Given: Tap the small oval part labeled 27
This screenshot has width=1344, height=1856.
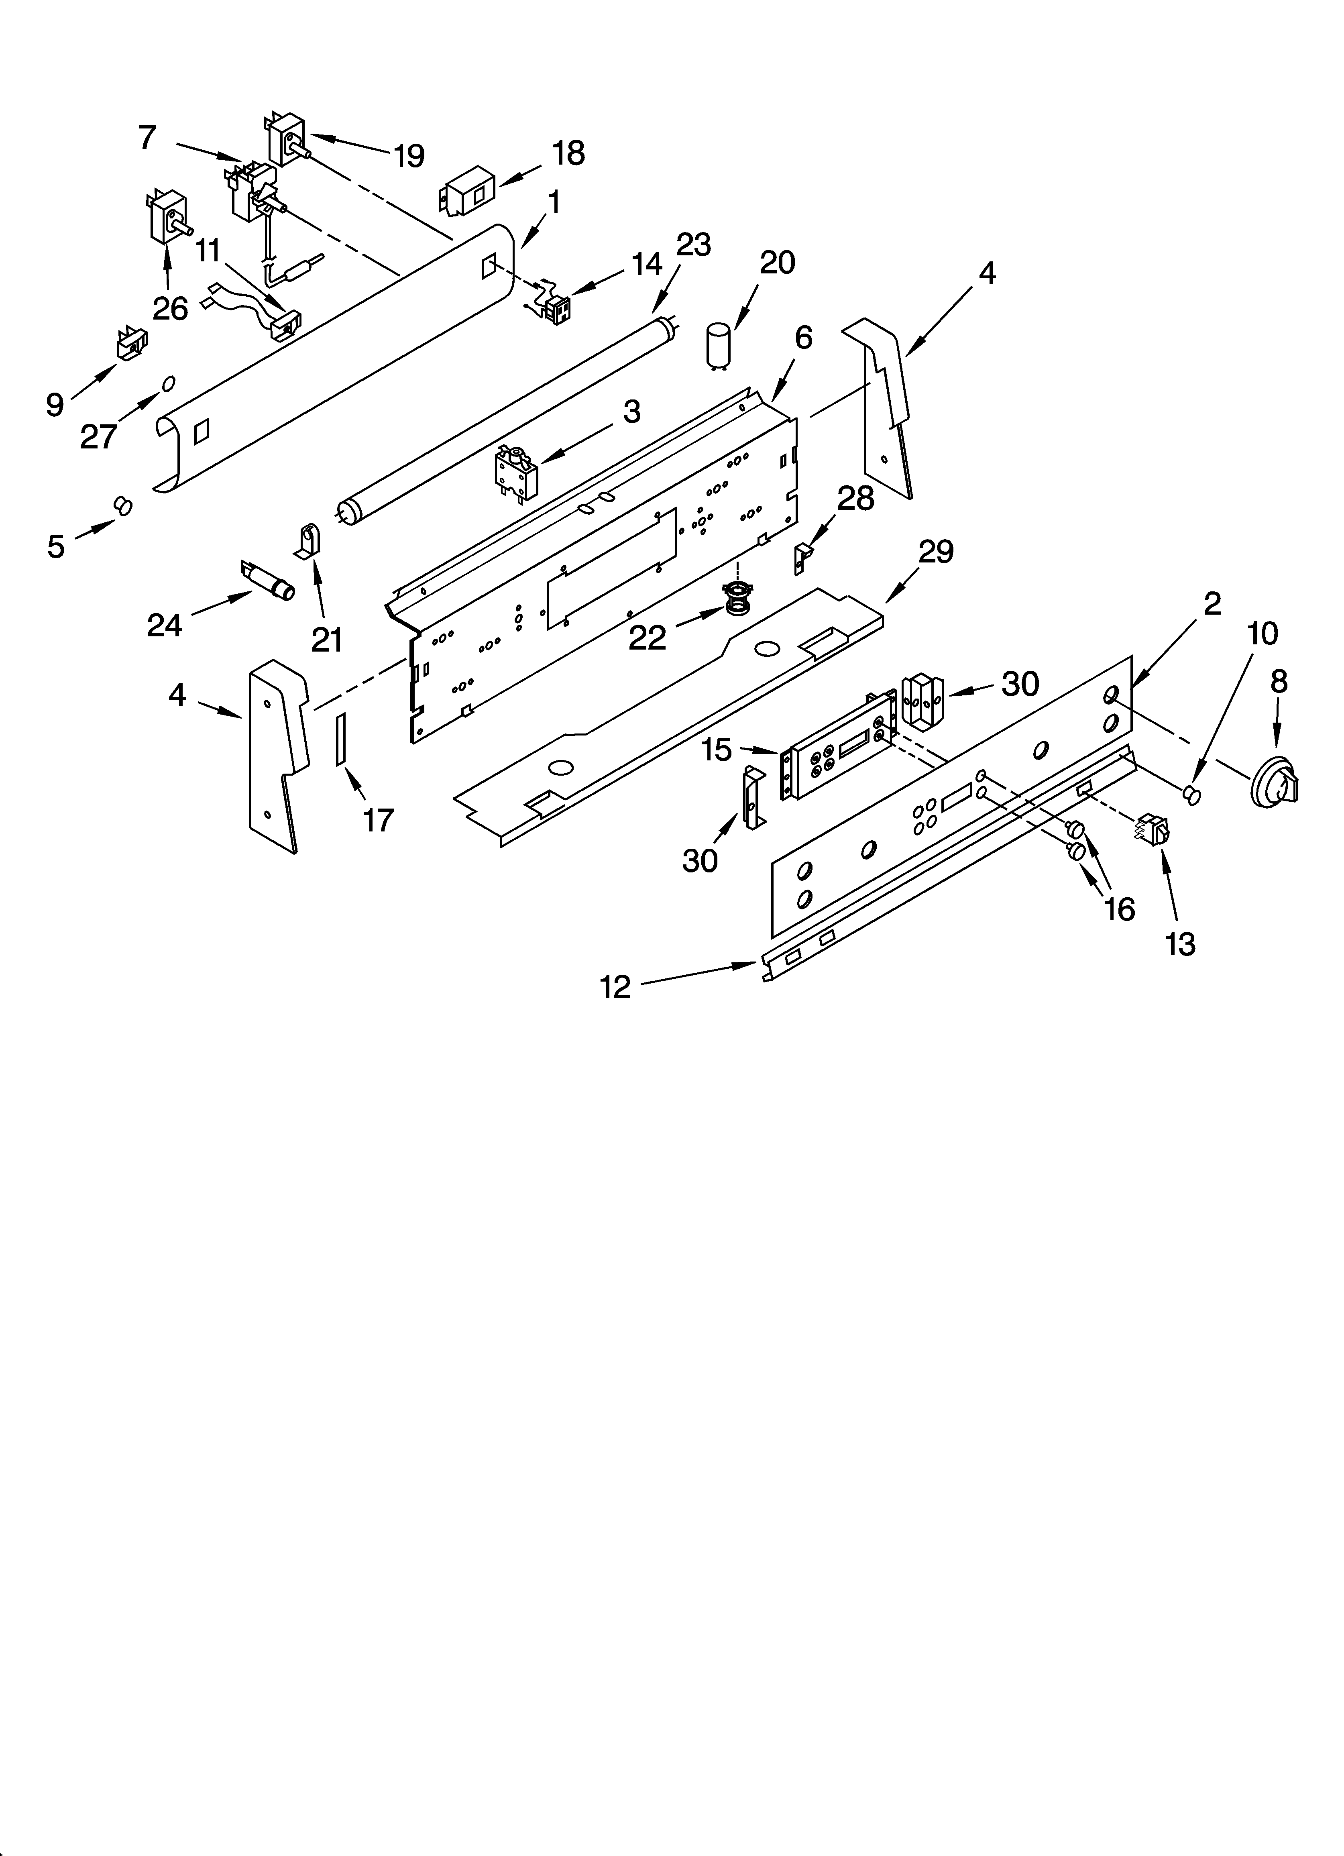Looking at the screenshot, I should [169, 383].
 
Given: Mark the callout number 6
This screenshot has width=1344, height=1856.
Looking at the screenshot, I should [803, 337].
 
